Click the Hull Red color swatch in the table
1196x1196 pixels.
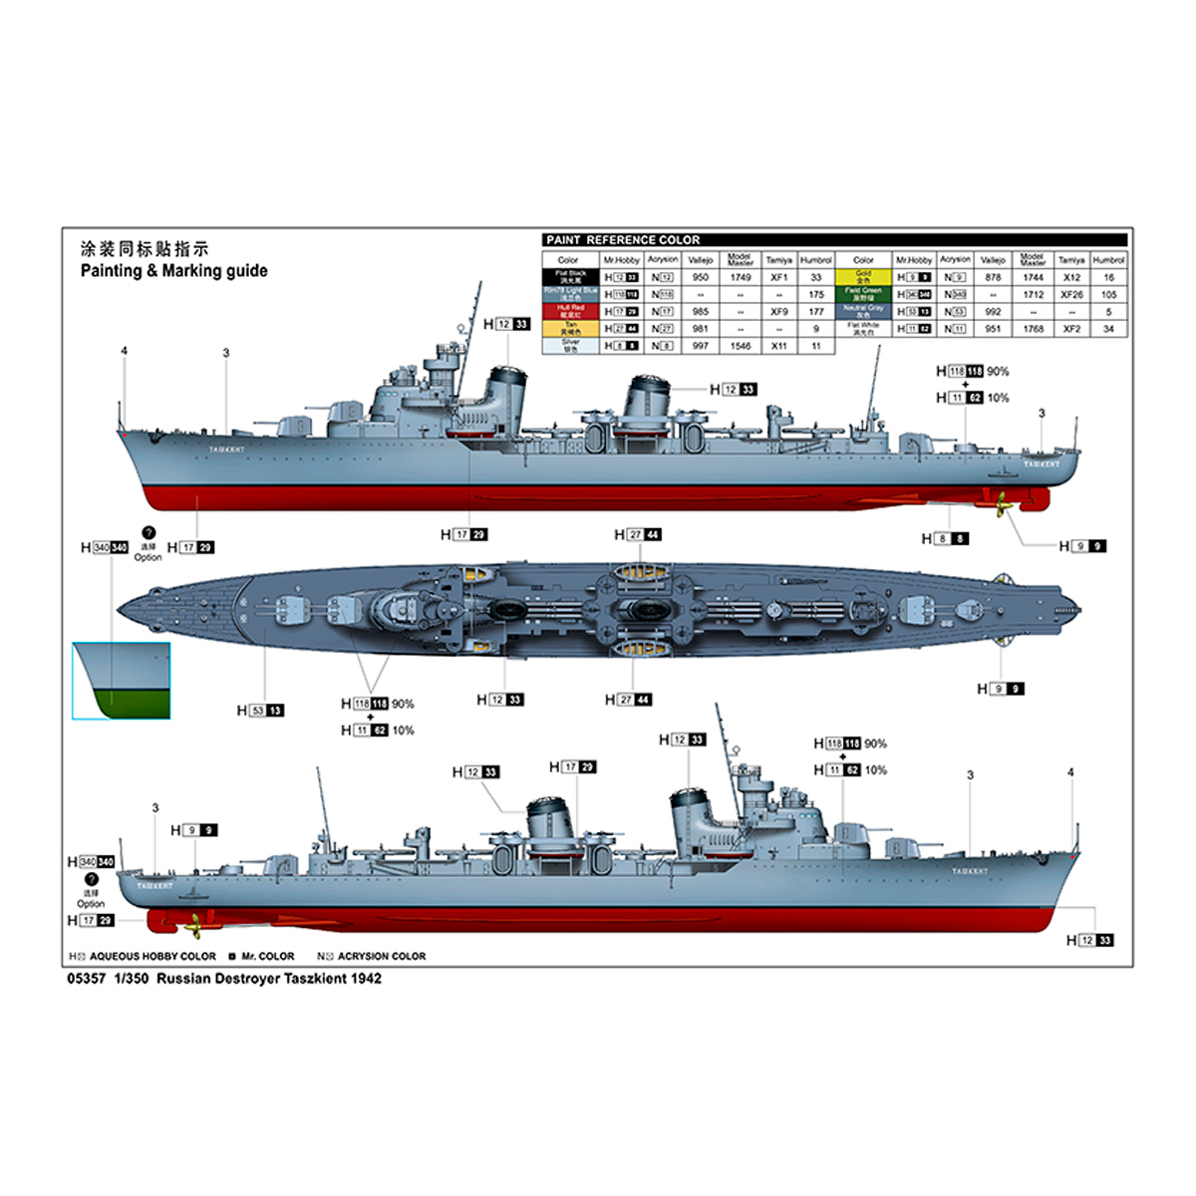571,311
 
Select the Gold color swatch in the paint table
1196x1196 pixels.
863,277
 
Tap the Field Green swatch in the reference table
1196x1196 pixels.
863,294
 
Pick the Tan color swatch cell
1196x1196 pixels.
571,328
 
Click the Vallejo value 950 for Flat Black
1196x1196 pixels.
701,277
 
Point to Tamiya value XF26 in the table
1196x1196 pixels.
1071,294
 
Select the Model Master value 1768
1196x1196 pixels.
1033,328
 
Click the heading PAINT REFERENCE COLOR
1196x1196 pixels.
623,240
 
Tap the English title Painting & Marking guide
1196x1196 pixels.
174,270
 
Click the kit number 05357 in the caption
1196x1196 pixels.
86,979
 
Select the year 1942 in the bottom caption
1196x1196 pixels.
365,979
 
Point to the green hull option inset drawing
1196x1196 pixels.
122,682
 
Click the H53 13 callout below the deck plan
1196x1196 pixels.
260,711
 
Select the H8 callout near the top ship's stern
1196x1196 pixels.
945,538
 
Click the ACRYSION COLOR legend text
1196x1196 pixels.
381,957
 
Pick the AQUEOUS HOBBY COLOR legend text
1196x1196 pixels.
151,957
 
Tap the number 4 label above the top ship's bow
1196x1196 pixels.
125,351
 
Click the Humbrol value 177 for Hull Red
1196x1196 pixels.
816,311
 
